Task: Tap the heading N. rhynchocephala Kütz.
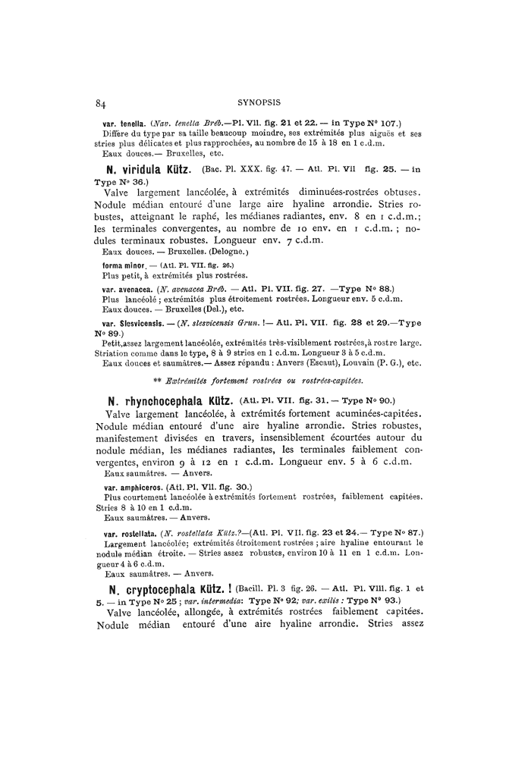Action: (170, 400)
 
